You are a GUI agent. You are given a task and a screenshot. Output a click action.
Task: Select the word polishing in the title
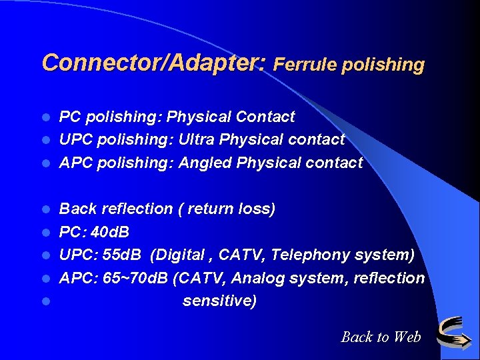(x=382, y=65)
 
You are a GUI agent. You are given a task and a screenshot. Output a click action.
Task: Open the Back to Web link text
(x=381, y=337)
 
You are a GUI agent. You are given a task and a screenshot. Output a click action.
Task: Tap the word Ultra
(x=197, y=139)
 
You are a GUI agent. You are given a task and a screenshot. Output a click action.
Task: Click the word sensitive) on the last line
(x=219, y=301)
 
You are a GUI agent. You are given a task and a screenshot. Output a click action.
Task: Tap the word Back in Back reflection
(x=78, y=209)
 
